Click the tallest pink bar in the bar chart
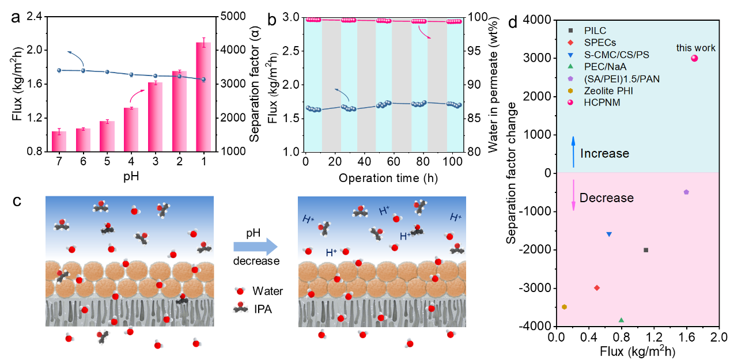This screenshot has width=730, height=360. [x=203, y=97]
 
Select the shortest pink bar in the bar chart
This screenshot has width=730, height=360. [x=59, y=141]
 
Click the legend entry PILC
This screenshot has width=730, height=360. [x=595, y=31]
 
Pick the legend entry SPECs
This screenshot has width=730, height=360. [x=600, y=43]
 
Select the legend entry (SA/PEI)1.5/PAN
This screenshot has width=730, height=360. [x=622, y=79]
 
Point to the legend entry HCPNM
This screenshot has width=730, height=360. [x=602, y=103]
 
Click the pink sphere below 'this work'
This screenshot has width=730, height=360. [x=694, y=58]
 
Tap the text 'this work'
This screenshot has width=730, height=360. [x=695, y=48]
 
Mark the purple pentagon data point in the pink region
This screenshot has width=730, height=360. [x=686, y=192]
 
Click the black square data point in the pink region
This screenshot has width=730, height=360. [x=646, y=250]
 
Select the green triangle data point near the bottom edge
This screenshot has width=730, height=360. [x=621, y=320]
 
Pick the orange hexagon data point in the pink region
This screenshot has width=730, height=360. [x=565, y=307]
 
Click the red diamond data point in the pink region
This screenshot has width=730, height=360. [x=597, y=287]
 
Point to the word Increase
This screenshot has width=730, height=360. [x=604, y=154]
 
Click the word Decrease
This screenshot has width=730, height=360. [x=606, y=198]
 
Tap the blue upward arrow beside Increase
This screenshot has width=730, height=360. [x=573, y=152]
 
